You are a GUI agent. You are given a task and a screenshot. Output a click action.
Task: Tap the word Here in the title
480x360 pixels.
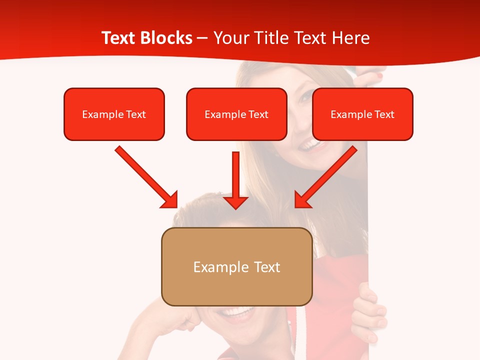click(x=350, y=38)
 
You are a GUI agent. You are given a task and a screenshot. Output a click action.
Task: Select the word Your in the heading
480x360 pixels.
click(x=231, y=38)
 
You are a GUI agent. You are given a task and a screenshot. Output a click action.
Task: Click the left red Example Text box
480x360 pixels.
click(x=114, y=114)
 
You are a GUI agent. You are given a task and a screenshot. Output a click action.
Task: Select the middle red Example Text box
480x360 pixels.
click(x=236, y=114)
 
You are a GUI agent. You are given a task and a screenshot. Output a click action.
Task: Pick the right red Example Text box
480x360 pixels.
click(x=362, y=114)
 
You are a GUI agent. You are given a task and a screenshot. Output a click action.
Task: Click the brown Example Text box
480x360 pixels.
click(x=236, y=267)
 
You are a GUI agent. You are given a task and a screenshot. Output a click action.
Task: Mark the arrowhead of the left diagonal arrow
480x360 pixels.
click(x=170, y=200)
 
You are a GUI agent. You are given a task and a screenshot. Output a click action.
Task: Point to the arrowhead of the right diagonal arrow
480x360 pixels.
click(x=302, y=200)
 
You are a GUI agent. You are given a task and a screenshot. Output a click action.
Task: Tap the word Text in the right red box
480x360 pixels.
click(x=384, y=114)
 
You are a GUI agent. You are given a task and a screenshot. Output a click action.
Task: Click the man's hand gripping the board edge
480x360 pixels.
click(x=367, y=310)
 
